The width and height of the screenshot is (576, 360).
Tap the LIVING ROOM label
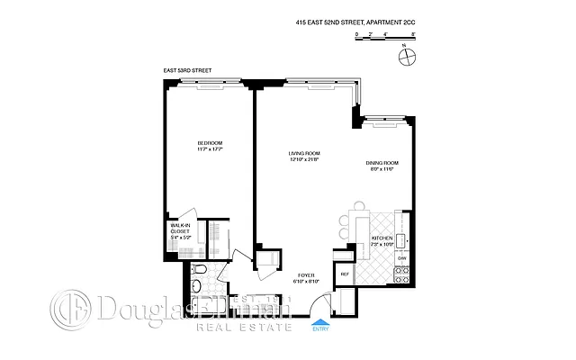(x=304, y=154)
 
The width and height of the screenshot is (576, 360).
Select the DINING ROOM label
(x=381, y=163)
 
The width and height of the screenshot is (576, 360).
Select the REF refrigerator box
(x=345, y=273)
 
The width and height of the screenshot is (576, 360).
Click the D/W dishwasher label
(x=403, y=259)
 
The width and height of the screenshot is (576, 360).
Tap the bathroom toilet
(x=200, y=274)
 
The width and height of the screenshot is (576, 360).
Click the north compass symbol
(x=409, y=57)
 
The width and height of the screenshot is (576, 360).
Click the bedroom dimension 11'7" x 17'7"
(x=210, y=150)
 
